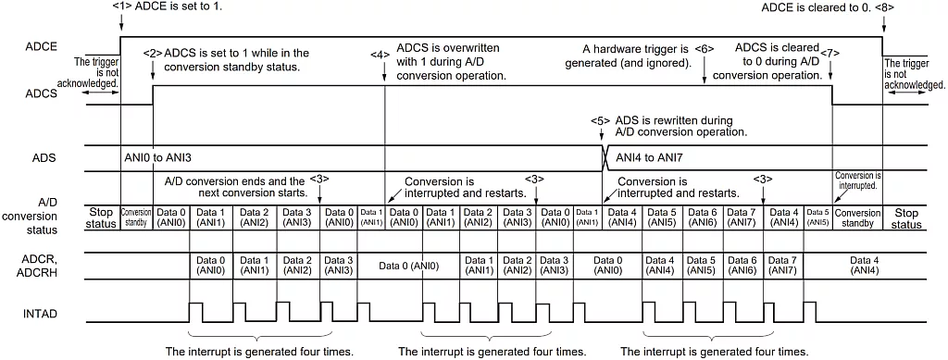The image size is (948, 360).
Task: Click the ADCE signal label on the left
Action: [43, 45]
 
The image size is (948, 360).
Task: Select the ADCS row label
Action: [43, 93]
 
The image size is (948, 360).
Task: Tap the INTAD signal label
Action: [43, 314]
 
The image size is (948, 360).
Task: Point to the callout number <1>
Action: [121, 6]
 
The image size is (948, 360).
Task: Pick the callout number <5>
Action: [601, 120]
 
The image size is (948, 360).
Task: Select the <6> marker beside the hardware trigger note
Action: [705, 48]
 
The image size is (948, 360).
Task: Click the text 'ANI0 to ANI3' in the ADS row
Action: [158, 158]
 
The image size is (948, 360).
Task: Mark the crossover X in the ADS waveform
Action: [605, 157]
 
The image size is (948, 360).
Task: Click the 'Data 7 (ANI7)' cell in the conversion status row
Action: [743, 217]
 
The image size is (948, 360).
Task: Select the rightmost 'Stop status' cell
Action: [907, 217]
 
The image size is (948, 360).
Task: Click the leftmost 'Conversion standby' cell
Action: [137, 217]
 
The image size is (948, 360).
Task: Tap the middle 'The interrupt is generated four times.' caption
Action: [492, 352]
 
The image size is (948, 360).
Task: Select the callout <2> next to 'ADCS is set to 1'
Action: [153, 53]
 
